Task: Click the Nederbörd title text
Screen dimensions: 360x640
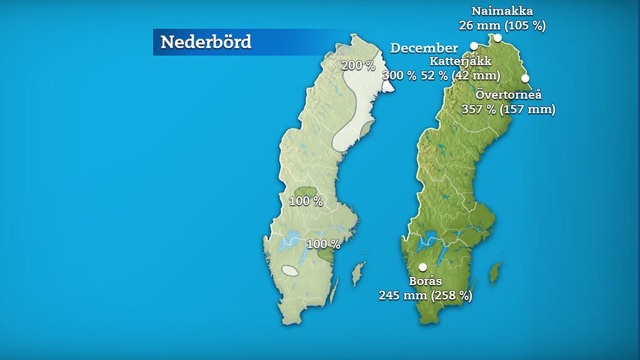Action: (205, 42)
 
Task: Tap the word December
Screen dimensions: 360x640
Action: (424, 48)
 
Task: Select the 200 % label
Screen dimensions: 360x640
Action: (358, 65)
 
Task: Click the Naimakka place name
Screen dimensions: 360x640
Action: (502, 11)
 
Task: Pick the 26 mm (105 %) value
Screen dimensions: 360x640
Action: (502, 26)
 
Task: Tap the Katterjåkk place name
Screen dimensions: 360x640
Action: (460, 61)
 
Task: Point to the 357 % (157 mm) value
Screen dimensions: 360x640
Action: (508, 109)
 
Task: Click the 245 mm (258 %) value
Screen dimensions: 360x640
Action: (425, 295)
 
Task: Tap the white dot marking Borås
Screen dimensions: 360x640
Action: (423, 267)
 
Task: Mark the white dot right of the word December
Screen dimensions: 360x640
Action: (474, 46)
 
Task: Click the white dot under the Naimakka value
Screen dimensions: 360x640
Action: (498, 37)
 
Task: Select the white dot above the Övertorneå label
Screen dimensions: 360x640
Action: (525, 78)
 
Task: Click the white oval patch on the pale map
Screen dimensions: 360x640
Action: (290, 271)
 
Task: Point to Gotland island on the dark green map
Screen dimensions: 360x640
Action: (495, 273)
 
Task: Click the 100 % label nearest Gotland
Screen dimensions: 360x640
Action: (323, 245)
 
